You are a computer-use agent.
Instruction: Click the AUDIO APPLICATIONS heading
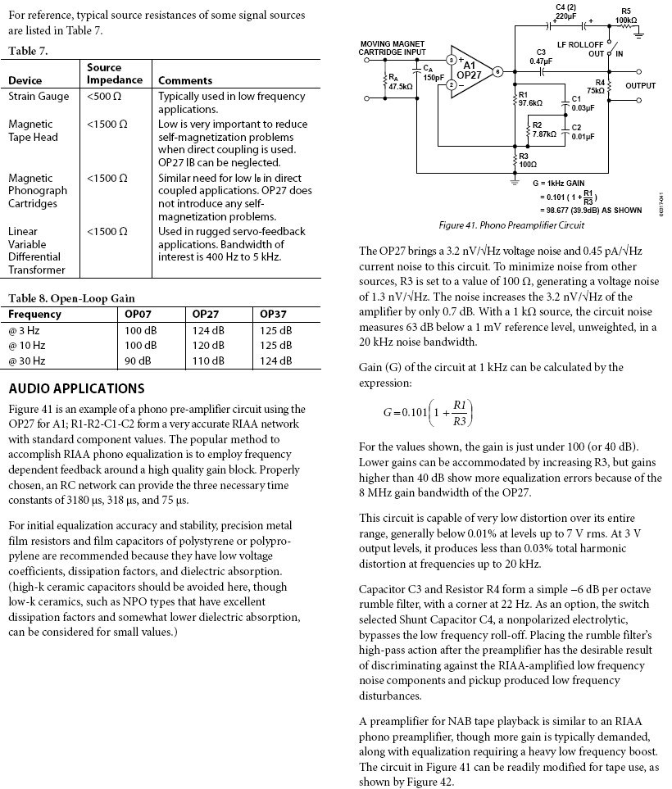tap(76, 388)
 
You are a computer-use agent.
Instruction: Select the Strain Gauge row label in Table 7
tap(39, 96)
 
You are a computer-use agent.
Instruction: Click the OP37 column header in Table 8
tap(273, 314)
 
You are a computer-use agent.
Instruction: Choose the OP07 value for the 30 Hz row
tap(139, 360)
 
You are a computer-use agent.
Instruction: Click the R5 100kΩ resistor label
tap(626, 14)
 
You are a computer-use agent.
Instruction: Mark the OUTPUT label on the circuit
tap(640, 84)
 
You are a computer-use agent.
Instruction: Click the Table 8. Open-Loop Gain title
tap(71, 298)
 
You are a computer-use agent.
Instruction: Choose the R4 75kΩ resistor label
tap(595, 87)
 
